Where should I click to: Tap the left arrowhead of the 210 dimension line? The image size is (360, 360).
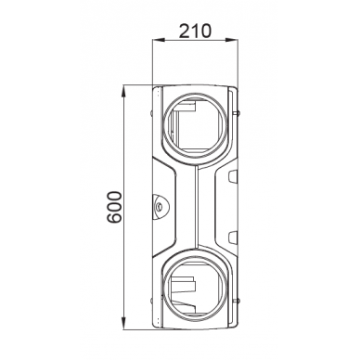[x=157, y=41]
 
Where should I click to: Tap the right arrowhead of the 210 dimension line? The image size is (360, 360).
[x=236, y=41]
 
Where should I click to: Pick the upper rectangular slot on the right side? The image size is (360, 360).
[x=231, y=174]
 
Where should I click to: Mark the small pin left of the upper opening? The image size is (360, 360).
[x=154, y=115]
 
